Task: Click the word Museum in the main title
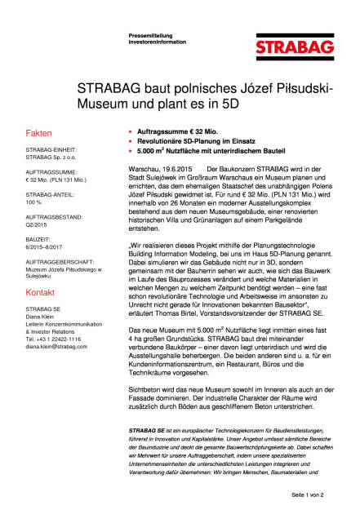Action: [x=100, y=105]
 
